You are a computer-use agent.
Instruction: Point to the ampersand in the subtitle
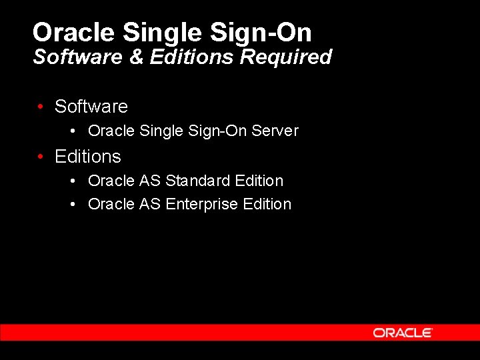(137, 57)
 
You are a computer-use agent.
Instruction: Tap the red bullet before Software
(41, 107)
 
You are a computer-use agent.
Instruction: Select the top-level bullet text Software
(91, 107)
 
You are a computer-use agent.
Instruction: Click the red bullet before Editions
(41, 157)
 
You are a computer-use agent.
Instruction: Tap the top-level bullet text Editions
(88, 157)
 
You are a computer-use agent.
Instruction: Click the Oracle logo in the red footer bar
(403, 333)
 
